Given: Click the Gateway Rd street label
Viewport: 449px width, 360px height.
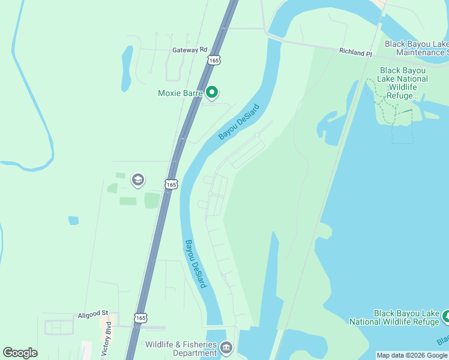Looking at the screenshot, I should coord(189,50).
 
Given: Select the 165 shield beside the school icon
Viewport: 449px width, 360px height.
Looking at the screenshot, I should coord(171,184).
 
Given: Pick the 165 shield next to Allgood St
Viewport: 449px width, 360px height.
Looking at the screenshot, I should coord(141,317).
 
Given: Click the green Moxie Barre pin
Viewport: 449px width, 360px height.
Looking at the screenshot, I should coord(211,92).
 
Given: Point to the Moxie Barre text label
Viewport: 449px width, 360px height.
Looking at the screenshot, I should coord(179,93).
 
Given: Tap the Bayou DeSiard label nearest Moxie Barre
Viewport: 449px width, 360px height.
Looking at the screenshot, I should coord(234,122).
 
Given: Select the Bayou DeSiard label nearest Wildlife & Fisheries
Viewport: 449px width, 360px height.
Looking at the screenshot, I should coord(196,264).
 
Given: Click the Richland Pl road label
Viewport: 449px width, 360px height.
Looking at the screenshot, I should coord(355,53).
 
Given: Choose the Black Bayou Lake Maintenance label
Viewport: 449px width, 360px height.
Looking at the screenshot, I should coord(417,49).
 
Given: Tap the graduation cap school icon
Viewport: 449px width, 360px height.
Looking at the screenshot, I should coord(137,180).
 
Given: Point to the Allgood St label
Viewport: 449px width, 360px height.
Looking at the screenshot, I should coord(92,314).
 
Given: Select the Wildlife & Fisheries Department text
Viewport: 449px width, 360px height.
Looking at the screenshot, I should coord(181,349).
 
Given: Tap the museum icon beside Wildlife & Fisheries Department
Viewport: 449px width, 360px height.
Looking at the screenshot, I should coord(226,347).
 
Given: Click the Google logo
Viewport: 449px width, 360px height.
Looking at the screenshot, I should coord(20,353).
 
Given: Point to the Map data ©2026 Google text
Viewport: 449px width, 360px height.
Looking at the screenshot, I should coord(412,355).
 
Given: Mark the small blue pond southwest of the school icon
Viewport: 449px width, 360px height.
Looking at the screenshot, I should coord(73,220).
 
